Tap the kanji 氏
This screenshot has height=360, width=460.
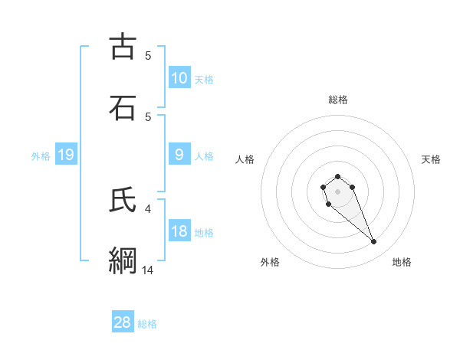point(123,200)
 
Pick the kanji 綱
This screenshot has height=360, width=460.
point(123,261)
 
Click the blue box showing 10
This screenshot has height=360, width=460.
point(179,78)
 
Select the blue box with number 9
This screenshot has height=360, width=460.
point(179,155)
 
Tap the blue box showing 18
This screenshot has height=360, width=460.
point(179,232)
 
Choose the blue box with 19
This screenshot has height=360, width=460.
point(66,155)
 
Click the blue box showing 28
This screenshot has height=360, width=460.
point(123,322)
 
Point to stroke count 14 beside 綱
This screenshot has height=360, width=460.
point(148,270)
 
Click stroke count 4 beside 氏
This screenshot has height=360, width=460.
point(148,208)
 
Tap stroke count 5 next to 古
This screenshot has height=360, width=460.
point(148,55)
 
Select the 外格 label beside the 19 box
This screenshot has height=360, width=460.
point(41,156)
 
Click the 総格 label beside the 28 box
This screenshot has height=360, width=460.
point(147,324)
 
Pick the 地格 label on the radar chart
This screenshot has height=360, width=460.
point(402,262)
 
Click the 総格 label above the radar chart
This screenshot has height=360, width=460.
point(337,100)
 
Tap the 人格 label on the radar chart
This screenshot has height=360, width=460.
point(245,159)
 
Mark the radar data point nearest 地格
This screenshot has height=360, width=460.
point(374,242)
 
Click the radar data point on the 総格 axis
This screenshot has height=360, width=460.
point(337,177)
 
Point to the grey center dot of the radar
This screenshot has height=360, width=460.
point(337,191)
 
